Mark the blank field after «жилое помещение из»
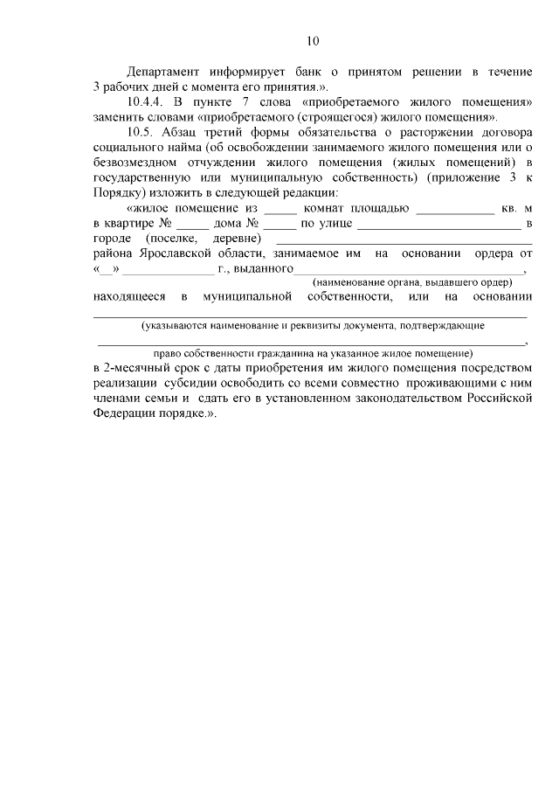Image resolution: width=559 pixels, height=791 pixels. point(279,210)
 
